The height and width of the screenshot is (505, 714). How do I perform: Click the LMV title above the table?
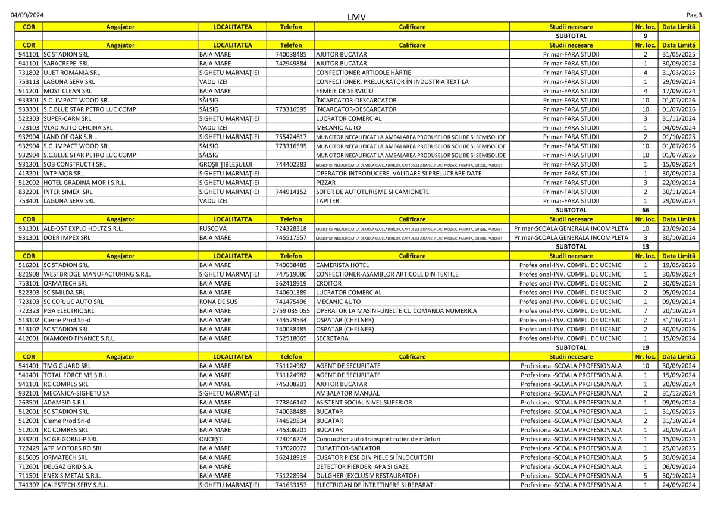coord(356,17)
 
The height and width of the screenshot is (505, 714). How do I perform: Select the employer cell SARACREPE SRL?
coord(67,63)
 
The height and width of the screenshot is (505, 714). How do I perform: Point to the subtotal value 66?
coord(645,210)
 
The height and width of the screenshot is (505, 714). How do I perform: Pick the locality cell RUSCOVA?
coord(212,228)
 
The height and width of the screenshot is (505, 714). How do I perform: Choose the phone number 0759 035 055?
coord(291,310)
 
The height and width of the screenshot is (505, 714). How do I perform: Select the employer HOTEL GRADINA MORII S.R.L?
coord(84,183)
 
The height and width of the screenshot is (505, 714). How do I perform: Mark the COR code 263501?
coord(29,403)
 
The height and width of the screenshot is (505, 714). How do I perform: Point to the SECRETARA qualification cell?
coord(334,338)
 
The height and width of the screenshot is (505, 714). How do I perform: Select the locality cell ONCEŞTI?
coord(211,439)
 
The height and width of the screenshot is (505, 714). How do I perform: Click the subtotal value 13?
coord(645,246)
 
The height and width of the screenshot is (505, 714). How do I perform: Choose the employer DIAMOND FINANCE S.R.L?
coord(80,338)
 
